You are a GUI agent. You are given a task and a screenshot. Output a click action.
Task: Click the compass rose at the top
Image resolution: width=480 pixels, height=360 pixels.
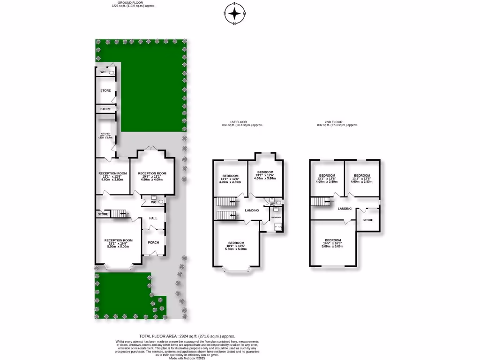coord(234,14)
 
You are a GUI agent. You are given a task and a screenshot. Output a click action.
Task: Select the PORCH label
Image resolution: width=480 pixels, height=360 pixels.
coord(153,242)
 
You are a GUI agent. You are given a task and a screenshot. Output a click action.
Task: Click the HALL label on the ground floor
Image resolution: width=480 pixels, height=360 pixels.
coord(153,218)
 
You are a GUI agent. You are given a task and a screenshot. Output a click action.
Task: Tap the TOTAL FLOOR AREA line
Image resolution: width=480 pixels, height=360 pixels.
coord(187,337)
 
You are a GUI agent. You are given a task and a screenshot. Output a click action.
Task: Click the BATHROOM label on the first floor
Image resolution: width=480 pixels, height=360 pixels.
coord(276,217)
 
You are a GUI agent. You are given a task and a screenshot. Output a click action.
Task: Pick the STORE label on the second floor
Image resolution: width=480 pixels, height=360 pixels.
coord(367,219)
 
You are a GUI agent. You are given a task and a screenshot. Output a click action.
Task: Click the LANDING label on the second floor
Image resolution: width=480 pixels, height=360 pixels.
coord(345,208)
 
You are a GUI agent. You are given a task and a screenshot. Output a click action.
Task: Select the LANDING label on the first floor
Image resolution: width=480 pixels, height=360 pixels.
coord(252,210)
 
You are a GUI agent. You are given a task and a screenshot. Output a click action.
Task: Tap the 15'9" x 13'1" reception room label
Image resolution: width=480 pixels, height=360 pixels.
coord(152,176)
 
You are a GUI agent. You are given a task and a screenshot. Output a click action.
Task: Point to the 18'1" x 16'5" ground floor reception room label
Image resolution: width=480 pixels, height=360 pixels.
coord(118,243)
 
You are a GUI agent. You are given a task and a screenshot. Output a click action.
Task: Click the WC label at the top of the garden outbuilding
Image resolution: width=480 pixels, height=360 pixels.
coord(103,72)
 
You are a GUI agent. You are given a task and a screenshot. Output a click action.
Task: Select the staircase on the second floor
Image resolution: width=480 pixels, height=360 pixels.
coord(321,202)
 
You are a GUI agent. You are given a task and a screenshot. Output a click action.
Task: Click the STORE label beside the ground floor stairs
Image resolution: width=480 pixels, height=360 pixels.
coord(103,214)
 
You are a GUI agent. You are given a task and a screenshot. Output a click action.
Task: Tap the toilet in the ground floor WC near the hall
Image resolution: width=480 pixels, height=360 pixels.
coord(161,202)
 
